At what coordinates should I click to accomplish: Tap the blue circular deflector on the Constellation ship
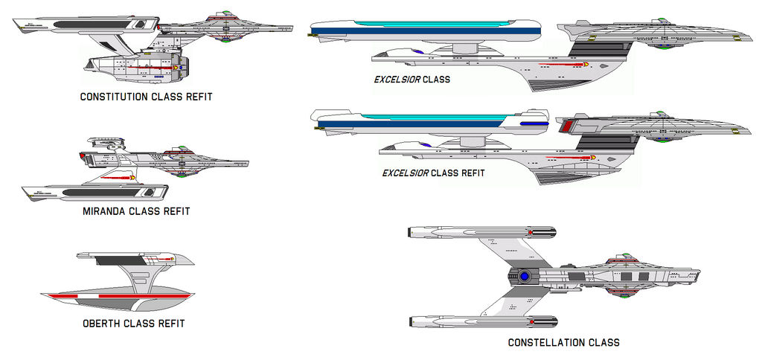[x=525, y=276]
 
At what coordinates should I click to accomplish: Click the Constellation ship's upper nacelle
[x=481, y=233]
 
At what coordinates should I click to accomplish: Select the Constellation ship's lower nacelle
[x=481, y=321]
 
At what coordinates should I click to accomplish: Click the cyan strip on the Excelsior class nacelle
[x=417, y=24]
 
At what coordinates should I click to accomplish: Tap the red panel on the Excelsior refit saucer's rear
[x=567, y=126]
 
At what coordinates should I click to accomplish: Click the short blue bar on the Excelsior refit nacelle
[x=531, y=122]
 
